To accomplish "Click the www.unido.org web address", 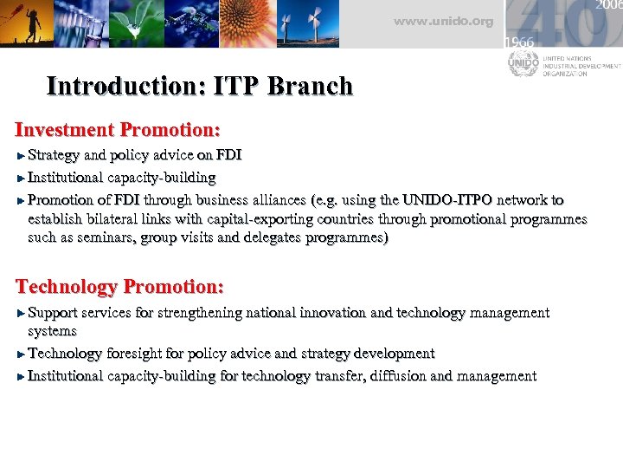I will [x=443, y=21].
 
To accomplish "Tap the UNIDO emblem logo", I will [x=523, y=63].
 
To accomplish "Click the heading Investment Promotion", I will [x=118, y=130].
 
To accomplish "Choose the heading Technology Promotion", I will [x=119, y=287].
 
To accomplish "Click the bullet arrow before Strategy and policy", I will [x=22, y=156].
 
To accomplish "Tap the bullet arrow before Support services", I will [x=22, y=313].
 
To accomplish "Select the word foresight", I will [x=137, y=354].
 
